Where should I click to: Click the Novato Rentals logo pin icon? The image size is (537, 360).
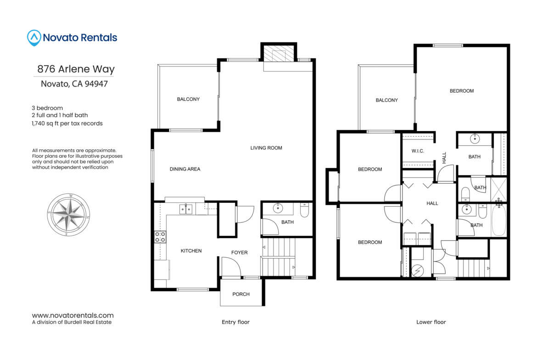pos(34,38)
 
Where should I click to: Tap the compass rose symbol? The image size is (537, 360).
pos(68,215)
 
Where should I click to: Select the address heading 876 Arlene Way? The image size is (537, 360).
pos(76,69)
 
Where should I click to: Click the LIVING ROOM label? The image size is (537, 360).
pos(266,148)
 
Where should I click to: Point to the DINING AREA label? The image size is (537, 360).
pos(185,169)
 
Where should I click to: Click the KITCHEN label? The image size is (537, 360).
pos(191,251)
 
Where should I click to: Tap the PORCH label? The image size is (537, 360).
pos(241,294)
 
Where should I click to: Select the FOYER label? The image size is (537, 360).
pos(240,253)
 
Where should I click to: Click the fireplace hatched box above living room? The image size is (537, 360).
pos(279,52)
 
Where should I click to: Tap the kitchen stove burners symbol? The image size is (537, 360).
pos(160,237)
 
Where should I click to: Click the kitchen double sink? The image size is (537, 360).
pos(185,209)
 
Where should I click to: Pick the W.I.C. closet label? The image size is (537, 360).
pos(418,151)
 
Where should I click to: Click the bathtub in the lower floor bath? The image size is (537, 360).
pos(498,220)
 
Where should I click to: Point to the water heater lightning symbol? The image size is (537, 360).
pos(418,271)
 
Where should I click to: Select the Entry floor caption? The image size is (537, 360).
pos(235,322)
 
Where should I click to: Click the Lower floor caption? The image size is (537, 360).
pos(431,322)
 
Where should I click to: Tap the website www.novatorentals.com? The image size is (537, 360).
pos(73,316)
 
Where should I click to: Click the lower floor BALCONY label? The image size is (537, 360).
pos(386,100)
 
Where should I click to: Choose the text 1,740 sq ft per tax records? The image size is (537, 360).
pos(67,123)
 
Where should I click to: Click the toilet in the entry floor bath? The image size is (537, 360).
pos(304,210)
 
